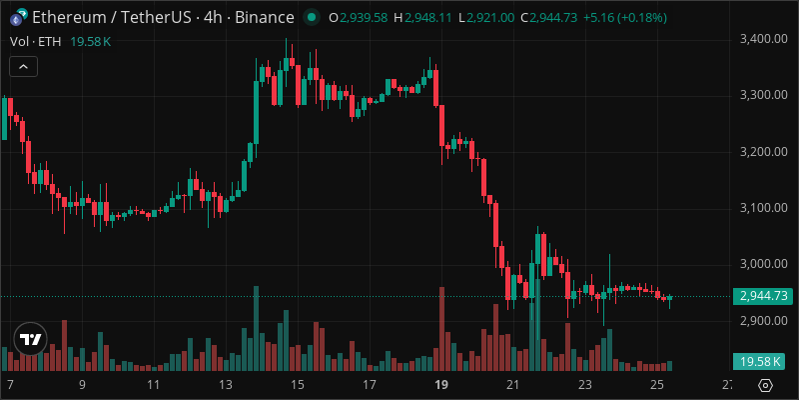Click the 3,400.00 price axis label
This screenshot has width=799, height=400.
pos(764,39)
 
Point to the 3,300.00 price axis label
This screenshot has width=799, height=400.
pos(764,95)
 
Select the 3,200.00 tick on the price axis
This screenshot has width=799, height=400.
pos(764,152)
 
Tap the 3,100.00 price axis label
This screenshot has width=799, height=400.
pos(764,208)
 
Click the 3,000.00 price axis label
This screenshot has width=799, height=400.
pos(764,264)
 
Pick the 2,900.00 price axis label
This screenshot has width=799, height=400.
pos(764,321)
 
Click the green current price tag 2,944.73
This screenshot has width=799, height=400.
pos(763,296)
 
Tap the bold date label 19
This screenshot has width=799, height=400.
pos(440,385)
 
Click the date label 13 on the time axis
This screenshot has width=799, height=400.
pos(226,385)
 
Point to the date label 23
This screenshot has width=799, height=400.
pos(585,385)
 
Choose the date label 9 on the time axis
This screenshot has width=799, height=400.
pos(82,385)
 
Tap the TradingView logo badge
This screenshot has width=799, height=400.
pos(31,339)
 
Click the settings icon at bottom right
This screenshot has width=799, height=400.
pos(765,385)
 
